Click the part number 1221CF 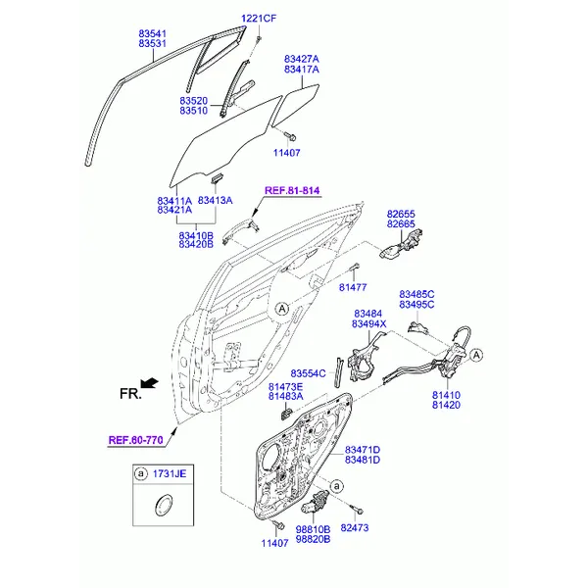(x=259, y=18)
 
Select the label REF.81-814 (x=292, y=190)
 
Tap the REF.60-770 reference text (x=135, y=440)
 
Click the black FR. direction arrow (x=149, y=383)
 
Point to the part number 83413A (x=215, y=200)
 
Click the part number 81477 (x=353, y=287)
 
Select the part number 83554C (x=308, y=373)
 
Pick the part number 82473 (x=355, y=527)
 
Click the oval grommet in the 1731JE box (x=164, y=505)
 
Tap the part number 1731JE (x=170, y=473)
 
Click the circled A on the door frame (x=282, y=309)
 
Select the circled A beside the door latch (x=476, y=355)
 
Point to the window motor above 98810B (x=315, y=503)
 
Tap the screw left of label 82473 (x=357, y=510)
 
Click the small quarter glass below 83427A (x=296, y=104)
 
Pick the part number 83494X (x=368, y=324)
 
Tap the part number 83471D (x=363, y=450)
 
